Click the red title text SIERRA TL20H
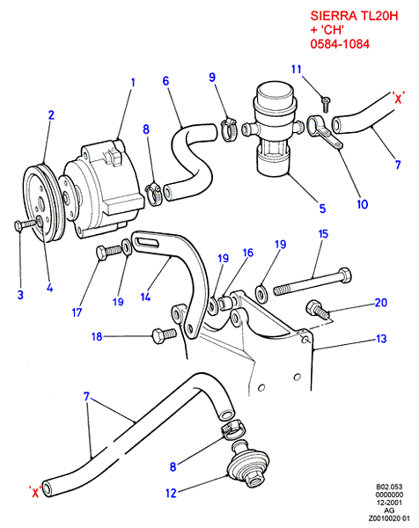pyautogui.click(x=354, y=16)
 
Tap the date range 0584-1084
pyautogui.click(x=340, y=44)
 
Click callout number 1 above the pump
pyautogui.click(x=133, y=82)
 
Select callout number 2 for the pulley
pyautogui.click(x=51, y=115)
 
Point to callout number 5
pyautogui.click(x=322, y=209)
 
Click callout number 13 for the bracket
pyautogui.click(x=381, y=339)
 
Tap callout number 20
pyautogui.click(x=381, y=303)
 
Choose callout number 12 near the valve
pyautogui.click(x=171, y=493)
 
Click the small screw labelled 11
pyautogui.click(x=326, y=104)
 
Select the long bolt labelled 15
pyautogui.click(x=312, y=282)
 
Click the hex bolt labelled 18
pyautogui.click(x=164, y=336)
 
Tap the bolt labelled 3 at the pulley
pyautogui.click(x=26, y=224)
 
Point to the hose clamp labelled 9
pyautogui.click(x=229, y=129)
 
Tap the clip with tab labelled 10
pyautogui.click(x=324, y=132)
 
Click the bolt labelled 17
pyautogui.click(x=108, y=252)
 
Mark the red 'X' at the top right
pyautogui.click(x=398, y=98)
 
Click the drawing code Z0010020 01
pyautogui.click(x=389, y=518)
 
